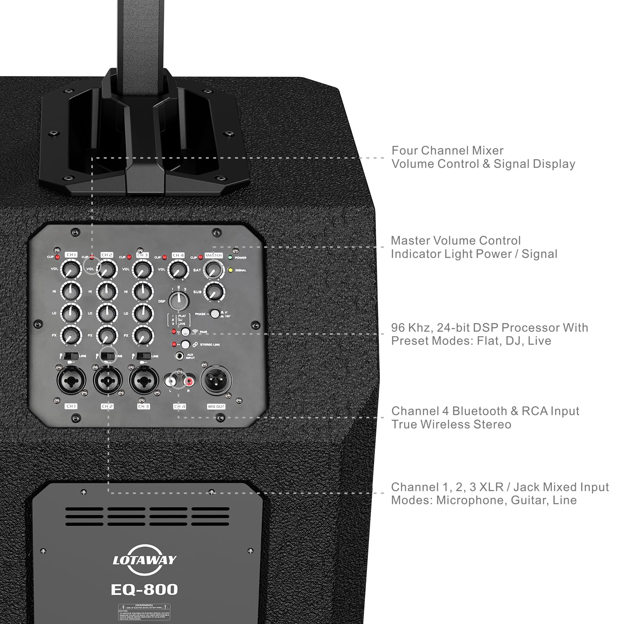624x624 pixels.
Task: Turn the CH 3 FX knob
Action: click(x=143, y=335)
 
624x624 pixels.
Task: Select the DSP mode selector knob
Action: click(x=179, y=301)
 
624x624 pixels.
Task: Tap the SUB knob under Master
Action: click(x=214, y=291)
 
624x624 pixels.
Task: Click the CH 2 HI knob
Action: click(x=107, y=291)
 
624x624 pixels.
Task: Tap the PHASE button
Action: click(x=214, y=314)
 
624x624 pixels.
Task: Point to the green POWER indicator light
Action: click(x=230, y=257)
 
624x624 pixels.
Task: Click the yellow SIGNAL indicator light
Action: click(x=230, y=270)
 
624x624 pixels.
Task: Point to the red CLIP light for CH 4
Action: click(x=164, y=257)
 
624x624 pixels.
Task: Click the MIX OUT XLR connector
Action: click(x=216, y=380)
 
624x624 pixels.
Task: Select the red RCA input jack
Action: click(x=190, y=378)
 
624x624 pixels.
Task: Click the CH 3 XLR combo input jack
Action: click(x=144, y=380)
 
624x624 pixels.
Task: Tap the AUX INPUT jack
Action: click(x=180, y=356)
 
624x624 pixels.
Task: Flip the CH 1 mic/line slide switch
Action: click(x=71, y=356)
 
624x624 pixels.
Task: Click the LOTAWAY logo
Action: click(x=144, y=560)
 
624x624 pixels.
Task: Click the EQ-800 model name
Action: click(x=144, y=589)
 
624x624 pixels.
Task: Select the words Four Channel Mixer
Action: click(x=447, y=151)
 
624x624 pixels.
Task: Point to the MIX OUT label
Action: click(x=216, y=406)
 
